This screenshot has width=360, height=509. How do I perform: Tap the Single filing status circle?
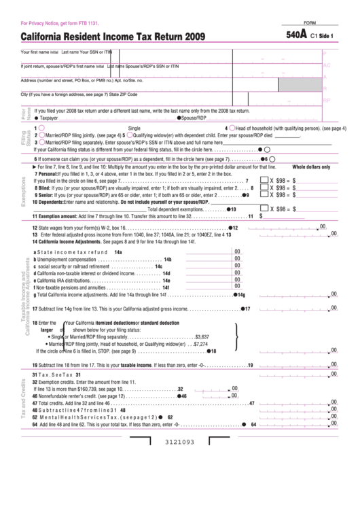[x=42, y=127]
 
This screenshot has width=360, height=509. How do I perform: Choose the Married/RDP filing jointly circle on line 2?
[x=42, y=135]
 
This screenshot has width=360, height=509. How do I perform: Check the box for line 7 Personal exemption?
[x=262, y=181]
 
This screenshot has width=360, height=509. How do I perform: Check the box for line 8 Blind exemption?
[x=262, y=188]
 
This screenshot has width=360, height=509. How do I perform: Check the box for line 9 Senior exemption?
[x=262, y=195]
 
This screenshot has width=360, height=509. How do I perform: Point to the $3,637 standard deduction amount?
[x=202, y=336]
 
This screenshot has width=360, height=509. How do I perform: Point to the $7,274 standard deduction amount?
[x=200, y=344]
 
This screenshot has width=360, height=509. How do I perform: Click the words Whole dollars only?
[x=311, y=166]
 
